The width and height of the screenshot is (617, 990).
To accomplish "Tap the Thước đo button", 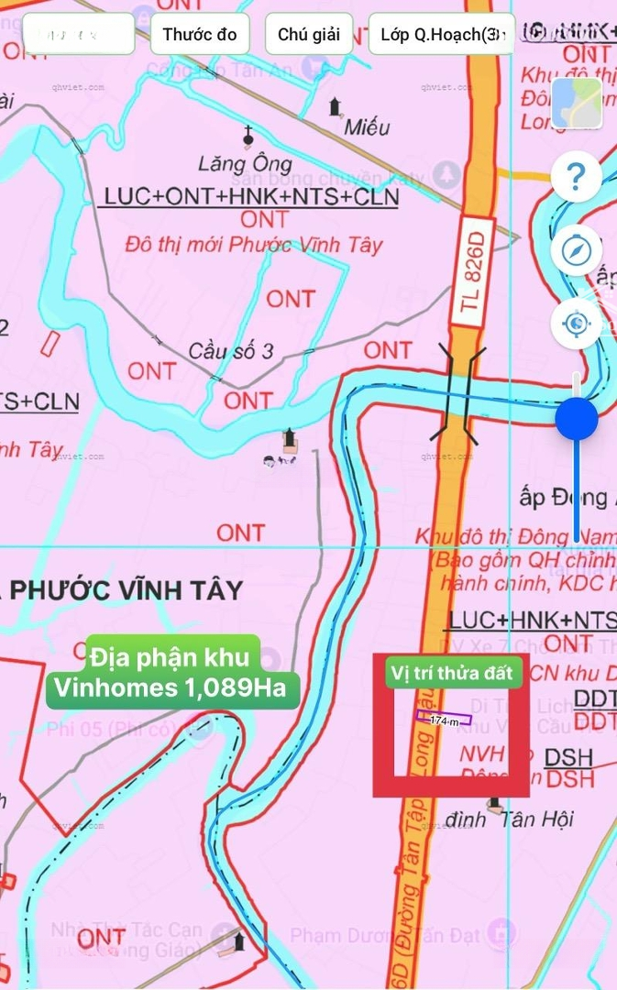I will point(200,35).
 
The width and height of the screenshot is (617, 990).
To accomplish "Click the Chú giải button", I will point(308,35).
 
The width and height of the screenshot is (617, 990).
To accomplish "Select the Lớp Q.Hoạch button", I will point(441,35).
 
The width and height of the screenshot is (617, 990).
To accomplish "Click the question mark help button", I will point(576,175).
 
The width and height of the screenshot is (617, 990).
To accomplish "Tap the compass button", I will point(576,249).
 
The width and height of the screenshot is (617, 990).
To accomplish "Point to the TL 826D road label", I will point(471,270).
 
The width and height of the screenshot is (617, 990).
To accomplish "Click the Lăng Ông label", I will point(245,165).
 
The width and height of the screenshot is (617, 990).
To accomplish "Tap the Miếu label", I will point(367,127).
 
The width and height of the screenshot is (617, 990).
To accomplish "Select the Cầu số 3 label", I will point(231,351).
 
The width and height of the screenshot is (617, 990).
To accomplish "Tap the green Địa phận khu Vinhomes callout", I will point(173,671).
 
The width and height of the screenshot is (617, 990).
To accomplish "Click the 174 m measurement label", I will point(445,721).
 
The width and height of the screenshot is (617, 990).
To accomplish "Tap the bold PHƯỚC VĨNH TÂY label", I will point(127,589).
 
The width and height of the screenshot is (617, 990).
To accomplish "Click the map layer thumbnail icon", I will point(576,103).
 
